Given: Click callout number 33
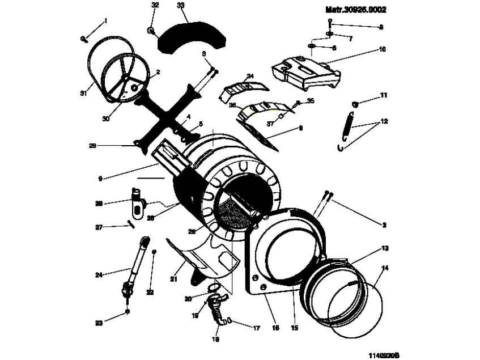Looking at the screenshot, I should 181,6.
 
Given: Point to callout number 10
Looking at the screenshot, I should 383,49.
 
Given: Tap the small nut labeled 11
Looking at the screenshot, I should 356,104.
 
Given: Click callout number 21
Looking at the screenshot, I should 174,279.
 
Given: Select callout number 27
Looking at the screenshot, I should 98,227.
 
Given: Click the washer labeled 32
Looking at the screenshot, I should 152,30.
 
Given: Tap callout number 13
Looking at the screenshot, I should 385,248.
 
